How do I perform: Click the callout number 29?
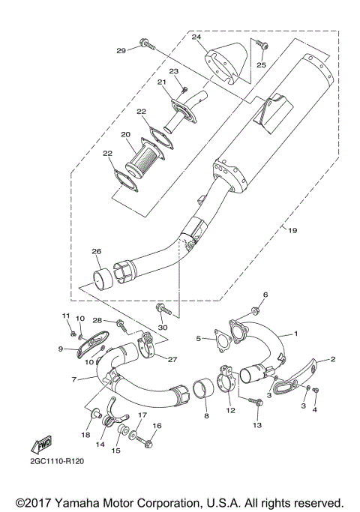[120, 51]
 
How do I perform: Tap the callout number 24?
[196, 37]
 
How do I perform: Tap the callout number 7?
[73, 380]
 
